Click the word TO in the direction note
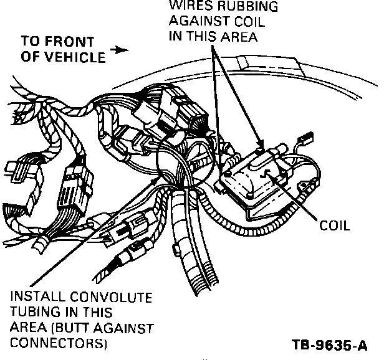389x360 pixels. [31, 43]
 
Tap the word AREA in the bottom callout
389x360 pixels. [24, 328]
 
